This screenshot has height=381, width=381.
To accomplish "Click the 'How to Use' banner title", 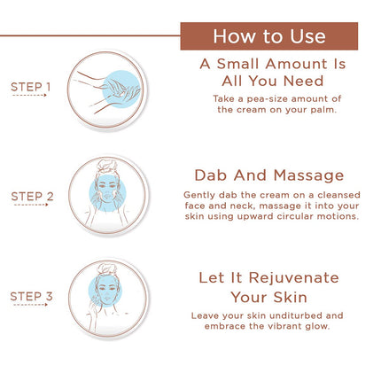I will pyautogui.click(x=268, y=36).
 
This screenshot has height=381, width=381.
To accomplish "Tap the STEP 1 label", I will pyautogui.click(x=31, y=86).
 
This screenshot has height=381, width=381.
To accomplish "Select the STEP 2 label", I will pyautogui.click(x=32, y=195).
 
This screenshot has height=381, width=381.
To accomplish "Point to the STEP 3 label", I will pyautogui.click(x=32, y=296).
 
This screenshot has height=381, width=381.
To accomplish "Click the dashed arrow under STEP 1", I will pyautogui.click(x=29, y=95).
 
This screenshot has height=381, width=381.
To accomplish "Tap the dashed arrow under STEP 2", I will pyautogui.click(x=29, y=205).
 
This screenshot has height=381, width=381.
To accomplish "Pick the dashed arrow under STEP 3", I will pyautogui.click(x=29, y=306).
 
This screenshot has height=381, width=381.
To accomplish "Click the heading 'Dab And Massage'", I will pyautogui.click(x=268, y=175).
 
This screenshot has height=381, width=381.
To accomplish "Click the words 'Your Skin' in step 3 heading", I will pyautogui.click(x=268, y=298).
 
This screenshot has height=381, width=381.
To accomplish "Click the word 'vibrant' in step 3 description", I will pyautogui.click(x=285, y=326).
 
